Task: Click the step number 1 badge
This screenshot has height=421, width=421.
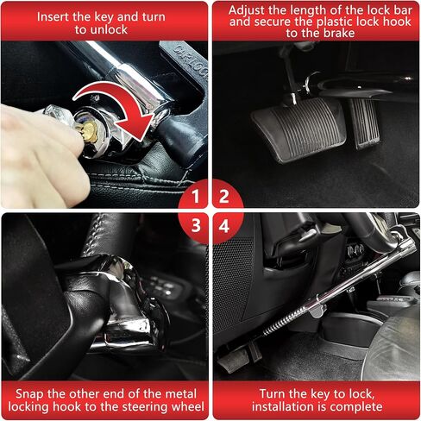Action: [196, 197]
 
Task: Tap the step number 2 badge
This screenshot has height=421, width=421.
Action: [224, 197]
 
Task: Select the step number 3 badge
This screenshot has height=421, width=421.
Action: [196, 225]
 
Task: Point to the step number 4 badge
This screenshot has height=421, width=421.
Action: [224, 226]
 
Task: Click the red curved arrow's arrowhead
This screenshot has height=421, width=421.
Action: [135, 127]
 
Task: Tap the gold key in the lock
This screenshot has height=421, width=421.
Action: [89, 132]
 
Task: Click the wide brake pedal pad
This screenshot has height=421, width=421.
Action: [300, 129]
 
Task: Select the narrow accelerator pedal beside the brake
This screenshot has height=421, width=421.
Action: [364, 123]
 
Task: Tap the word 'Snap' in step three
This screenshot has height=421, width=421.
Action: [30, 394]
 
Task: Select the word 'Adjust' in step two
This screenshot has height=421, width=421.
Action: [246, 11]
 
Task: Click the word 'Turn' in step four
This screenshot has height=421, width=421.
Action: [272, 394]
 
